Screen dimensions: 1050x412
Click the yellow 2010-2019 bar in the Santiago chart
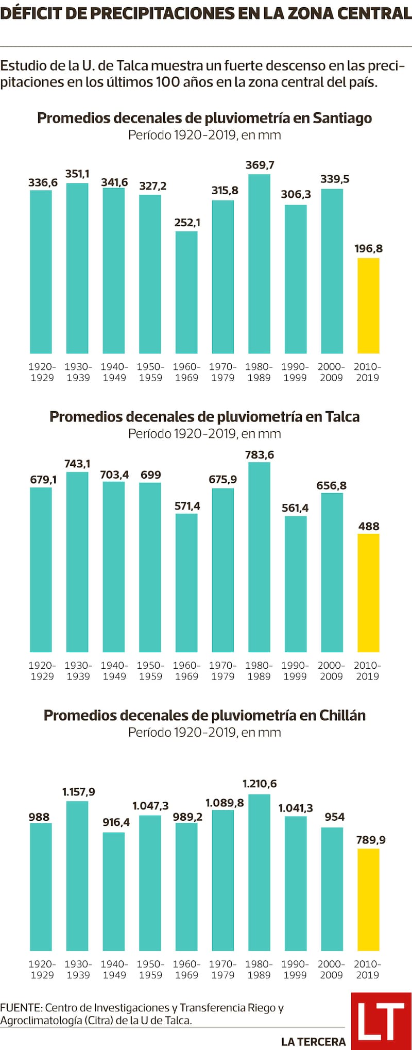point(368,306)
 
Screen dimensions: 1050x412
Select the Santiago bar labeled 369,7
point(259,264)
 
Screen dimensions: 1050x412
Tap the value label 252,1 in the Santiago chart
point(187,223)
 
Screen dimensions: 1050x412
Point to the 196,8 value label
point(369,249)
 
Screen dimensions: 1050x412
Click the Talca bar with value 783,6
point(259,557)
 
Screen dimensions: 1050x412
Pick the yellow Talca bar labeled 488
point(368,592)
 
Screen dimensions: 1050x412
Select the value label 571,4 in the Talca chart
point(187,506)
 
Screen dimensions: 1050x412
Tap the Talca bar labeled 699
point(150,567)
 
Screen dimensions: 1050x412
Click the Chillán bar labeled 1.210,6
point(259,872)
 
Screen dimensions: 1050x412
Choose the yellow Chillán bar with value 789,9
point(368,900)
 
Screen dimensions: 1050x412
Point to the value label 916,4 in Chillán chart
point(116,822)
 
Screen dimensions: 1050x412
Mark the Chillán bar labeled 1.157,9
point(78,876)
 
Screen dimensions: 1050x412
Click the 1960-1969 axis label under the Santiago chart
point(186,372)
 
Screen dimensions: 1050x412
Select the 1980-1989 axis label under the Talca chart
point(259,671)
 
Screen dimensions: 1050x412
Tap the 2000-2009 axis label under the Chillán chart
point(331,969)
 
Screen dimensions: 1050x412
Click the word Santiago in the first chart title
point(342,118)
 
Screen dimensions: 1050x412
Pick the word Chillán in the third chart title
point(342,715)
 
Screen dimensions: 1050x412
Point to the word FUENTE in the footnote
point(21,1008)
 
